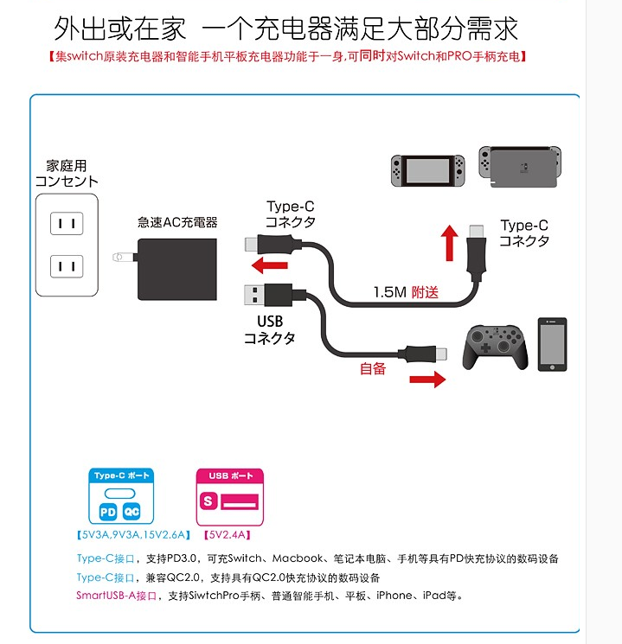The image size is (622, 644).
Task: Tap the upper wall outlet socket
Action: click(x=67, y=224)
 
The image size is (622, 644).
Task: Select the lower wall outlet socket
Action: click(x=67, y=265)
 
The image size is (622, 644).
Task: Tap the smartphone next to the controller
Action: click(x=552, y=344)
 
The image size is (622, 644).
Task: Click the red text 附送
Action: click(x=425, y=292)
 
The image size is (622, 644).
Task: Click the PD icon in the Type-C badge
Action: click(x=107, y=511)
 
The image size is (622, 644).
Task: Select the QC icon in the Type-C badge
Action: click(x=132, y=511)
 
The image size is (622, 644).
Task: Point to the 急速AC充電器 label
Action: click(x=177, y=222)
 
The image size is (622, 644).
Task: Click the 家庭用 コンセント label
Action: click(x=67, y=174)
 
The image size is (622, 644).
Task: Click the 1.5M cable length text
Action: click(x=389, y=292)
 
